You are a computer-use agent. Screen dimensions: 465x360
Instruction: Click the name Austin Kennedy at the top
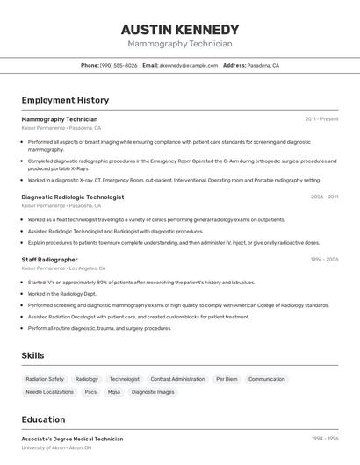[x=180, y=30]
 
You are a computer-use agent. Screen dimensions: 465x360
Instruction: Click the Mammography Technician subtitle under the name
[x=180, y=44]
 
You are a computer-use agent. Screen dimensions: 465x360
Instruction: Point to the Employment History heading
[x=65, y=100]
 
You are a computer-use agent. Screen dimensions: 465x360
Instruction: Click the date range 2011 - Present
[x=321, y=119]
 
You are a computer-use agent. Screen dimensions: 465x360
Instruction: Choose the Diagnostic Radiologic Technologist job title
[x=73, y=197]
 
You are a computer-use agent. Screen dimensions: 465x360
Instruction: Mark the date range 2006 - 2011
[x=324, y=197]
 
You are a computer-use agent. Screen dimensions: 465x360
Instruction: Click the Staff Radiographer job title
[x=49, y=260]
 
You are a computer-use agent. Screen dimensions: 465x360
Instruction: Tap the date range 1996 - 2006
[x=324, y=260]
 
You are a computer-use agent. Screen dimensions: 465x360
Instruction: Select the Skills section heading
[x=32, y=355]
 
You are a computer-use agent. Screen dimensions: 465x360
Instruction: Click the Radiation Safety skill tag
[x=45, y=379]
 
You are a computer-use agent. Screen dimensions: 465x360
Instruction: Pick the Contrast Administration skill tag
[x=177, y=379]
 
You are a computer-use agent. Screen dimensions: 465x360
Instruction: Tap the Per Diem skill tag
[x=227, y=379]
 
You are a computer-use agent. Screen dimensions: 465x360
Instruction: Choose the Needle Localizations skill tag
[x=49, y=392]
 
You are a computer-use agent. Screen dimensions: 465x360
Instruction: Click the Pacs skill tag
[x=90, y=392]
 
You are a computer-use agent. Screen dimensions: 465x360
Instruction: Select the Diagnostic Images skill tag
[x=153, y=392]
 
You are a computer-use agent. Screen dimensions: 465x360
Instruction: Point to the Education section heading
[x=43, y=419]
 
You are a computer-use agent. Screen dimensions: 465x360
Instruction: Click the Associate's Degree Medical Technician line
[x=72, y=439]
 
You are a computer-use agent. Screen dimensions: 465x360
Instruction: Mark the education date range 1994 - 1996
[x=324, y=439]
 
